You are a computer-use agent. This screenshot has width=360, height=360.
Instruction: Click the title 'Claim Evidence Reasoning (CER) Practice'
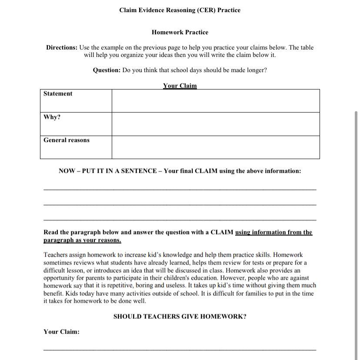pyautogui.click(x=180, y=10)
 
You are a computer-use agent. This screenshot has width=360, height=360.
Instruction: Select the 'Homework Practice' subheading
pyautogui.click(x=180, y=32)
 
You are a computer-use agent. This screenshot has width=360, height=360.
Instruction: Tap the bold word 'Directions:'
pyautogui.click(x=62, y=47)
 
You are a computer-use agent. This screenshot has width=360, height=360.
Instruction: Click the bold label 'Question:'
pyautogui.click(x=107, y=70)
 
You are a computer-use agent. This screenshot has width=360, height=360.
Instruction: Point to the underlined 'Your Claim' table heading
pyautogui.click(x=180, y=86)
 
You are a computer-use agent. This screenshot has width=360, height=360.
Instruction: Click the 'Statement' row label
pyautogui.click(x=58, y=94)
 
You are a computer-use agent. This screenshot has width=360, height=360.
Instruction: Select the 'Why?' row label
pyautogui.click(x=52, y=117)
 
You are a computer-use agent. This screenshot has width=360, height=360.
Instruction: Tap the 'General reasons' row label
pyautogui.click(x=66, y=140)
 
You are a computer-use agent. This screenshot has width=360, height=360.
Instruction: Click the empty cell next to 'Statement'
pyautogui.click(x=215, y=101)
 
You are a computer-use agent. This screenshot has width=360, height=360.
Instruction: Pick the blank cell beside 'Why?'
pyautogui.click(x=215, y=124)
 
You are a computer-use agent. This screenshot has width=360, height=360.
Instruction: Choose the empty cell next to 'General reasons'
pyautogui.click(x=215, y=147)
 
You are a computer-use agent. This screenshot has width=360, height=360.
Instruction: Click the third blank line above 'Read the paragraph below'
pyautogui.click(x=180, y=220)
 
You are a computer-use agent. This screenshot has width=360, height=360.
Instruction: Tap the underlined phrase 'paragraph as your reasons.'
pyautogui.click(x=82, y=240)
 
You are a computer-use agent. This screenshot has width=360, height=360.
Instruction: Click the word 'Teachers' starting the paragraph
pyautogui.click(x=56, y=255)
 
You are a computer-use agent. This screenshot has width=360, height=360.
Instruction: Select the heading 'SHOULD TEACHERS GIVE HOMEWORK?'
pyautogui.click(x=180, y=317)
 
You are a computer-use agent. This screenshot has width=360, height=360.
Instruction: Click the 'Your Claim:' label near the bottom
pyautogui.click(x=61, y=332)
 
